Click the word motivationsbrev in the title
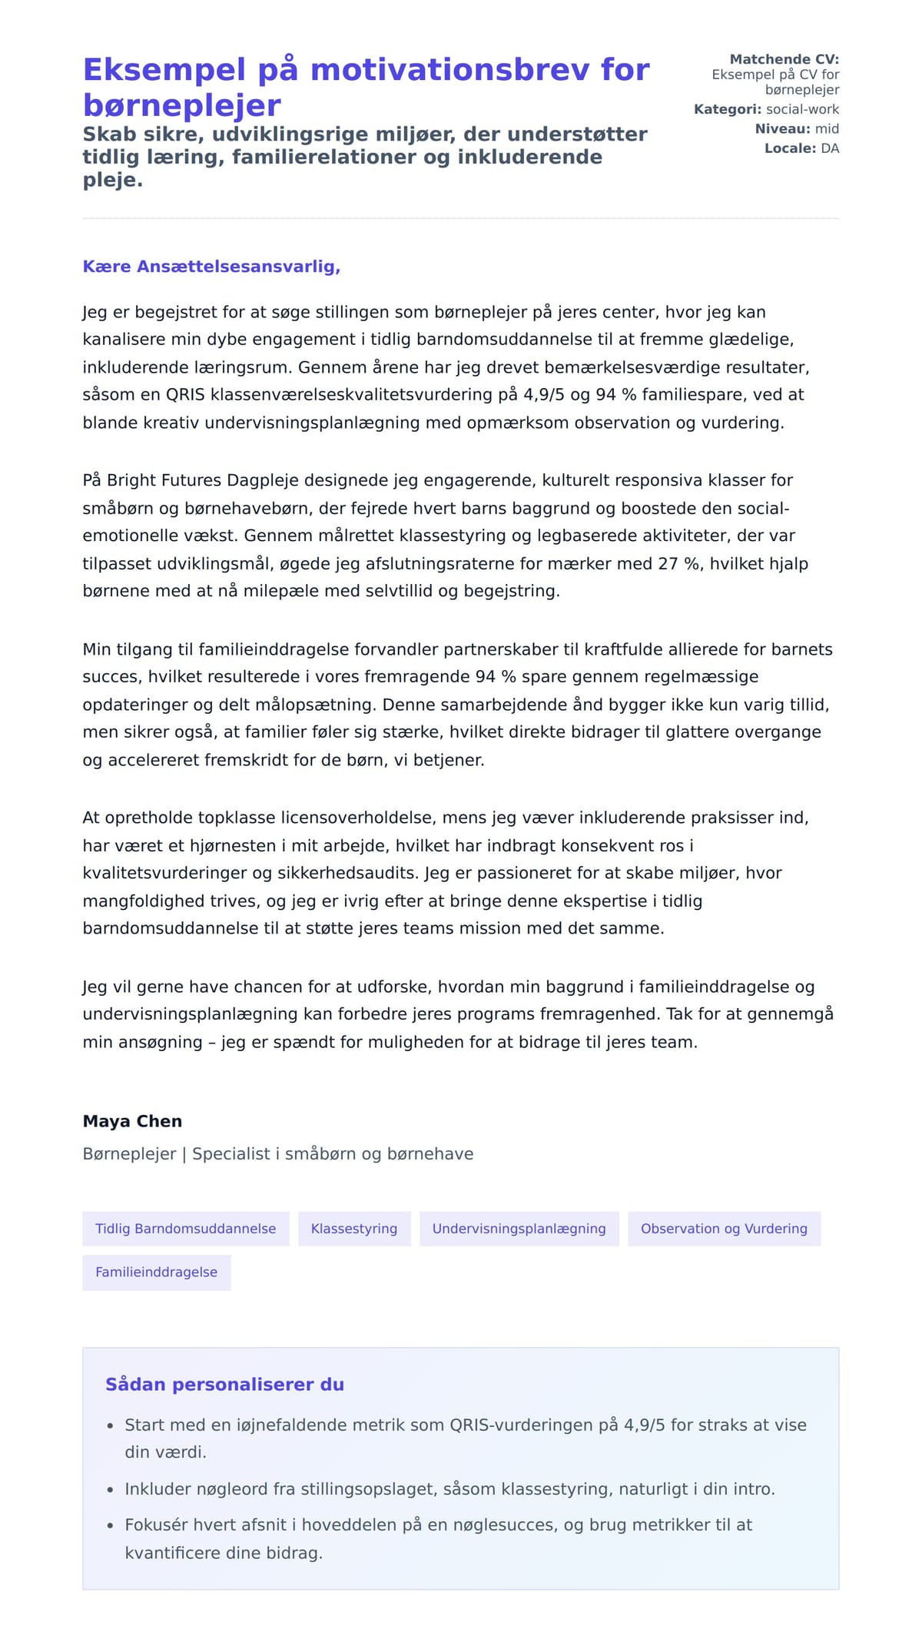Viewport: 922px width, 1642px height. tap(479, 70)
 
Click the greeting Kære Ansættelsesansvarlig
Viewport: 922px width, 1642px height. tap(211, 267)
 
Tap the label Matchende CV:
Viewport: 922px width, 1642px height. tap(784, 59)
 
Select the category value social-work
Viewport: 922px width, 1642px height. tap(802, 109)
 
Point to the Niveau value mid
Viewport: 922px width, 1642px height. tap(827, 129)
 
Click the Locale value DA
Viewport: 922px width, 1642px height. tap(830, 148)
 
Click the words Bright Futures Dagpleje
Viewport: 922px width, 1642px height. tap(204, 480)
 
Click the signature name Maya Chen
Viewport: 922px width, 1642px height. tap(132, 1121)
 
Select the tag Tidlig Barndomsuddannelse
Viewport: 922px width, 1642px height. tap(185, 1229)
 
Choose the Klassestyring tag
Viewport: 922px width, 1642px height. tap(354, 1229)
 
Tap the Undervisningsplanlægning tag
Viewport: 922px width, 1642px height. tap(519, 1229)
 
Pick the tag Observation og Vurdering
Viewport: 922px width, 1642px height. tap(724, 1229)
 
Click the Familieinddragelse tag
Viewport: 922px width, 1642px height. tap(156, 1272)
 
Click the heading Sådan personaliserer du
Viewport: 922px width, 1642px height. tap(224, 1385)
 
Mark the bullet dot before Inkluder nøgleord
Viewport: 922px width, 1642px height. tap(110, 1490)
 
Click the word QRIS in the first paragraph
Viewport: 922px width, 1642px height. tap(185, 395)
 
